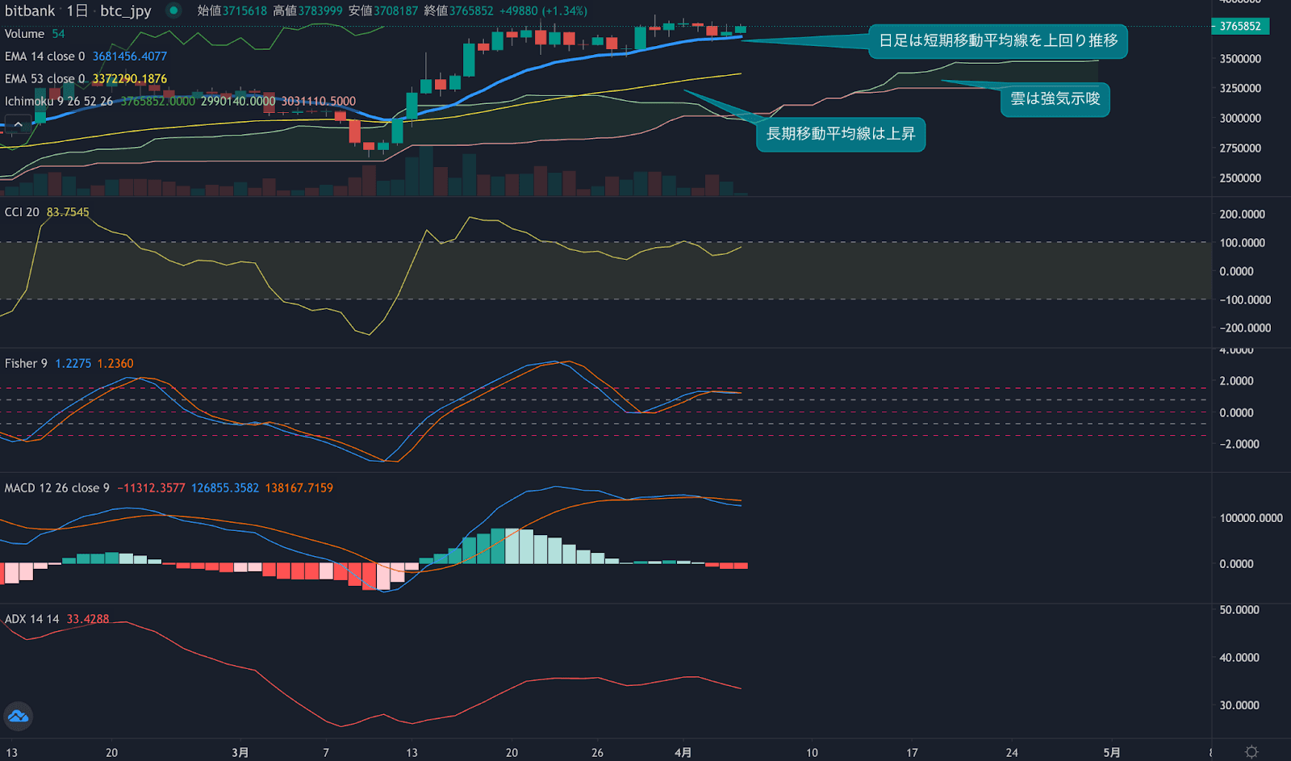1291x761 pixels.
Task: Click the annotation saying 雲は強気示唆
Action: pos(1055,99)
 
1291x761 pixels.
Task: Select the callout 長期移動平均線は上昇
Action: pos(840,134)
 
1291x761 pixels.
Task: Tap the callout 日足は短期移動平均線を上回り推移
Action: pos(997,40)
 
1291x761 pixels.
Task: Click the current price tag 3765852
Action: pos(1240,27)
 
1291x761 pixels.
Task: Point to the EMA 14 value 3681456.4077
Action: pos(129,56)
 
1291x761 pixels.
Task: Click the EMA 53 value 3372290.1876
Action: pos(129,79)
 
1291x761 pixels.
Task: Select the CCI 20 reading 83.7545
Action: pos(68,212)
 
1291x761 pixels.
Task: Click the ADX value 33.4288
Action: pos(87,619)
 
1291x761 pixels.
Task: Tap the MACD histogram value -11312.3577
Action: pos(151,488)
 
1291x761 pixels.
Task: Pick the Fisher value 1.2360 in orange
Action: pos(115,364)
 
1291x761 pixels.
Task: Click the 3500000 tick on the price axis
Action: pos(1240,59)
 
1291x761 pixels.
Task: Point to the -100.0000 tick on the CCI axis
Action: pos(1245,300)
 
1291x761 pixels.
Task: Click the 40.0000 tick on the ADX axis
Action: pos(1239,658)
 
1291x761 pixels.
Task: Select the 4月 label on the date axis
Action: pos(683,752)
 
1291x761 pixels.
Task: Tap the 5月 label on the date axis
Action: pos(1111,752)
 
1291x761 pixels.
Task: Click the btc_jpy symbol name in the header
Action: pos(126,11)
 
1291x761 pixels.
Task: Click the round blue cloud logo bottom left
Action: pos(18,716)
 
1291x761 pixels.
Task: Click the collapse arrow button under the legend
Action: pos(18,124)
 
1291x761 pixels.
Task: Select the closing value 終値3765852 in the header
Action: pos(458,11)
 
